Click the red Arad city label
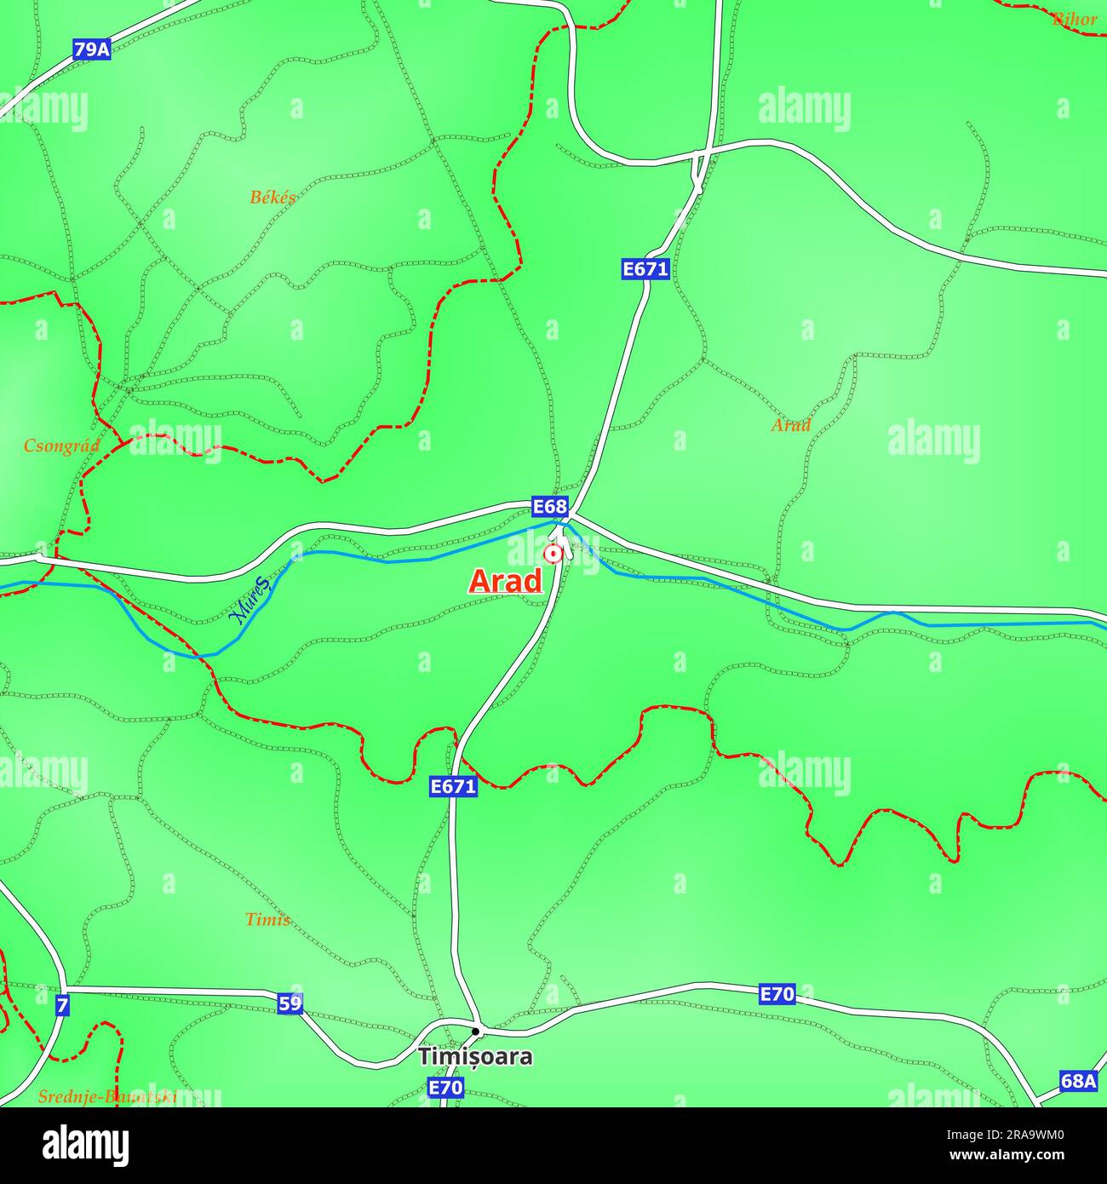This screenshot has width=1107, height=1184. [x=506, y=581]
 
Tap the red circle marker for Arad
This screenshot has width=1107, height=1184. [x=553, y=555]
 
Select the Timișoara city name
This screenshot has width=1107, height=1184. [x=475, y=1057]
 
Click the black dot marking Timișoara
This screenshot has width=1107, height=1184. [x=476, y=1032]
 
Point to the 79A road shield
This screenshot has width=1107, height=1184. [x=91, y=49]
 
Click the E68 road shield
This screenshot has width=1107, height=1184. [x=549, y=507]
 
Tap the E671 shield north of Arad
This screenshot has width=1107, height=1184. [x=645, y=269]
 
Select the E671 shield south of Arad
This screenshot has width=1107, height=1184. [x=453, y=786]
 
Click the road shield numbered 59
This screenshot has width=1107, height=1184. [x=290, y=1003]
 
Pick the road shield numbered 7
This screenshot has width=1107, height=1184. [x=62, y=1006]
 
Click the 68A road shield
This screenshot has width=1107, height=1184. [x=1078, y=1081]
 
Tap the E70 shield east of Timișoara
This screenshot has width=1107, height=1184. [x=777, y=993]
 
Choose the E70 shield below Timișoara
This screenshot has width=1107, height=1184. [x=445, y=1088]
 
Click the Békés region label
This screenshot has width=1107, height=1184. [x=272, y=198]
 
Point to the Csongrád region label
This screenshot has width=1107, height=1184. [x=61, y=445]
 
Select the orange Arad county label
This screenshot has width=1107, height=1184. [x=790, y=424]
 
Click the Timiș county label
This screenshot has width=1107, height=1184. [x=267, y=920]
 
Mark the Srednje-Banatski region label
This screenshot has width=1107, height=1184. [x=107, y=1097]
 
